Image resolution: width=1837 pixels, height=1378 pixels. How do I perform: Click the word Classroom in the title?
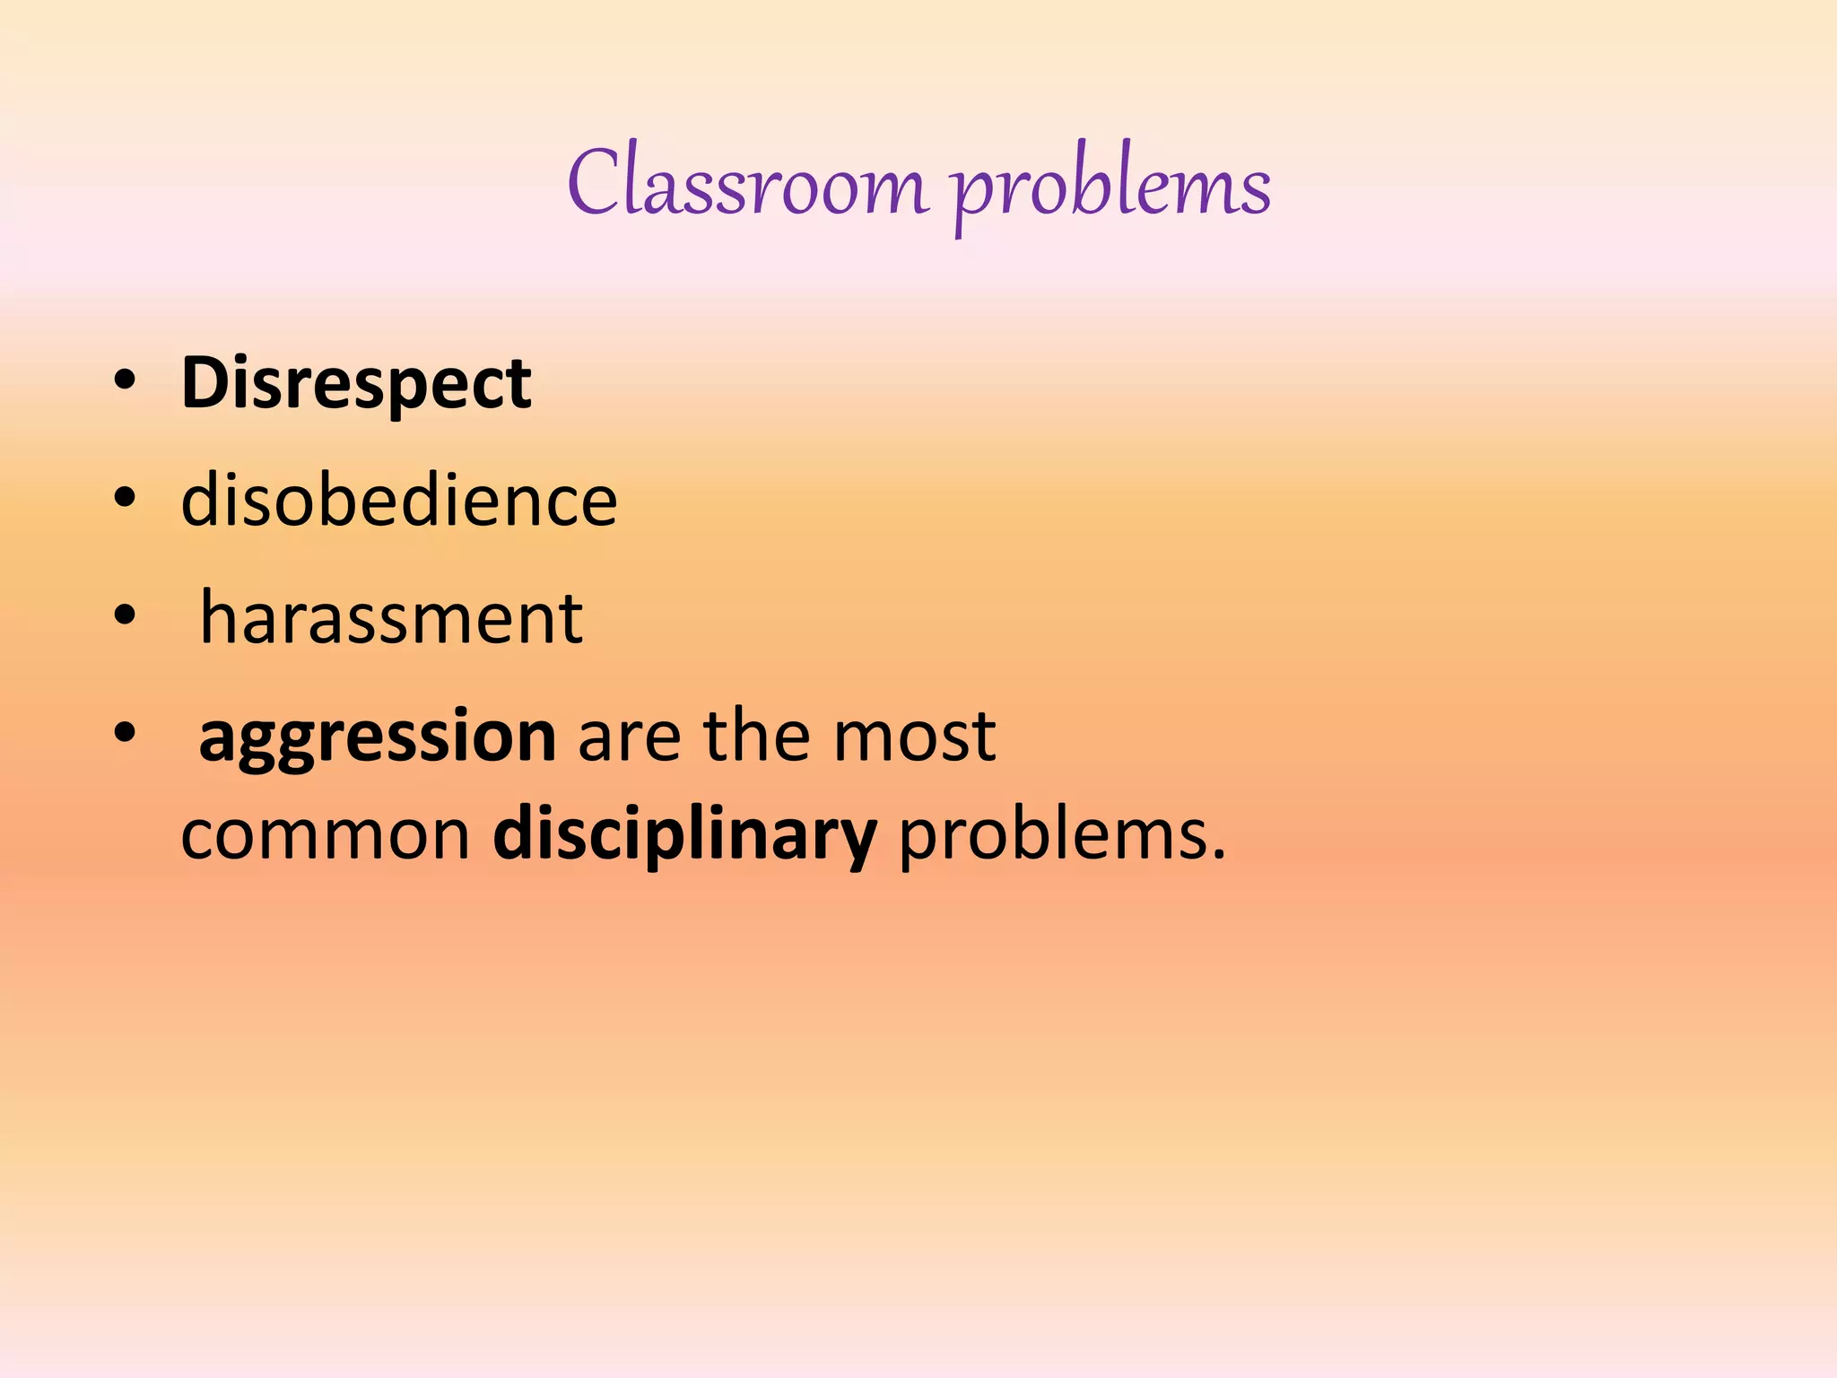tap(747, 184)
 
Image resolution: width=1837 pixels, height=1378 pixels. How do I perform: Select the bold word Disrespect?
tap(356, 384)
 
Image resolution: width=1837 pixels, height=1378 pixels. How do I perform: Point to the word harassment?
tap(391, 618)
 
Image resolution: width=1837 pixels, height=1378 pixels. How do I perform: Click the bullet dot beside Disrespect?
tap(125, 381)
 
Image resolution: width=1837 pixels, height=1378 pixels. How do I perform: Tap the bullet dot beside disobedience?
tap(125, 498)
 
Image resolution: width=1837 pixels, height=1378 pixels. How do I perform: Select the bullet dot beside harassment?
tap(125, 615)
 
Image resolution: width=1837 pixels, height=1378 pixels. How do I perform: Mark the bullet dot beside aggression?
tap(125, 733)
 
